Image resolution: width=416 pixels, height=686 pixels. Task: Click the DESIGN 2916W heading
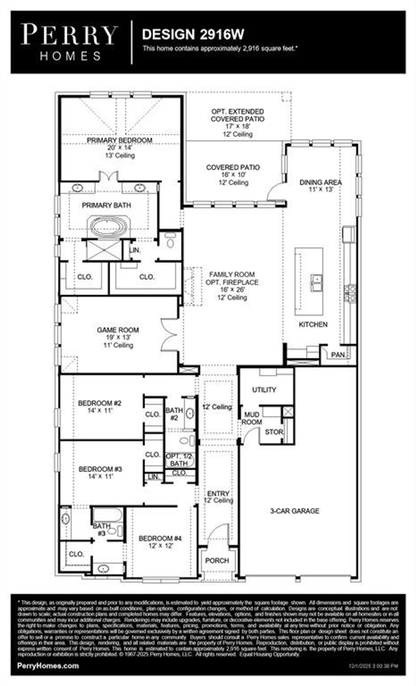coord(193,34)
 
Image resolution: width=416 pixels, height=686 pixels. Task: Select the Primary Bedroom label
coord(120,140)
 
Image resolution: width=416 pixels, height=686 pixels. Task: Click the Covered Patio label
coord(233,167)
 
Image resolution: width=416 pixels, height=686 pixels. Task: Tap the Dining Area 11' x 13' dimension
coord(321,190)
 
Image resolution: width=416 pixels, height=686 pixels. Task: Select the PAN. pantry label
coord(338,355)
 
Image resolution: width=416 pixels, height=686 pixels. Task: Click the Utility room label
coord(264,389)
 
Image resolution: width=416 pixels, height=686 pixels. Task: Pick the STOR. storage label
coord(274,432)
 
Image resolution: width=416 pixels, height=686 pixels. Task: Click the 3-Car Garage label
coord(295,511)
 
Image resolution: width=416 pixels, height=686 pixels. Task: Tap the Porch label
coord(217,561)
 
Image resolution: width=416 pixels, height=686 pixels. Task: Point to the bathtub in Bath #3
coord(108,515)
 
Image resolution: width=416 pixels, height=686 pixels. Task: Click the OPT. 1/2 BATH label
coord(179,460)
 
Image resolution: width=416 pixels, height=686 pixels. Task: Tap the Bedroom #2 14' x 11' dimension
coord(100,411)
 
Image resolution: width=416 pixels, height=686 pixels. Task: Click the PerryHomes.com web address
coord(48,666)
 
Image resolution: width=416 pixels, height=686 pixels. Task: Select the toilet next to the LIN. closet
coord(170,241)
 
